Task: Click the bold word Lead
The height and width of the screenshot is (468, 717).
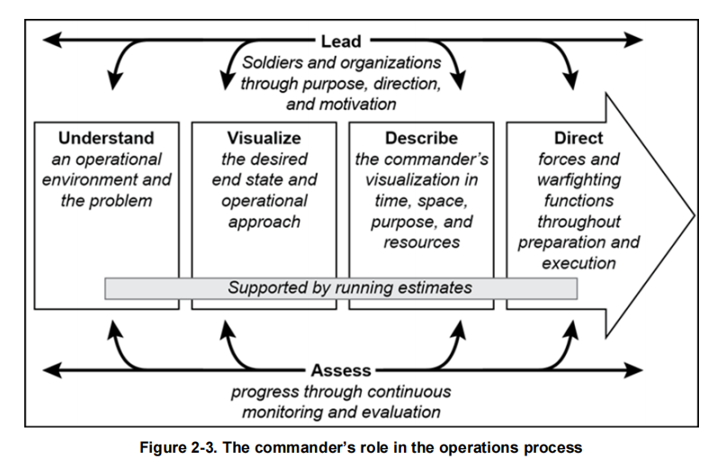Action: pyautogui.click(x=341, y=40)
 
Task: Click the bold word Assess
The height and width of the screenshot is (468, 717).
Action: pyautogui.click(x=342, y=370)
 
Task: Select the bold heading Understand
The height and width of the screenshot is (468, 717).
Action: pyautogui.click(x=106, y=139)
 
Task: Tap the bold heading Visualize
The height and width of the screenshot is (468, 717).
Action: pyautogui.click(x=264, y=139)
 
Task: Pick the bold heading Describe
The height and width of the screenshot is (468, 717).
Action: pyautogui.click(x=421, y=139)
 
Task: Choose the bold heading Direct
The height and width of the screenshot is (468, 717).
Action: pyautogui.click(x=578, y=139)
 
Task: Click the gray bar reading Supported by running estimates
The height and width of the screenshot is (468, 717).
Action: pyautogui.click(x=341, y=288)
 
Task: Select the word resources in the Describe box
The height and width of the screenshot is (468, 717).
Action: pyautogui.click(x=421, y=242)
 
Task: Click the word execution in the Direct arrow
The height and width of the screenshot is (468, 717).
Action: pyautogui.click(x=578, y=263)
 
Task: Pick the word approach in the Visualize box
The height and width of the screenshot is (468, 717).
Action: pyautogui.click(x=264, y=221)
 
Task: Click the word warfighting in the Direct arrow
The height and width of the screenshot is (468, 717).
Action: pyautogui.click(x=578, y=180)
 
